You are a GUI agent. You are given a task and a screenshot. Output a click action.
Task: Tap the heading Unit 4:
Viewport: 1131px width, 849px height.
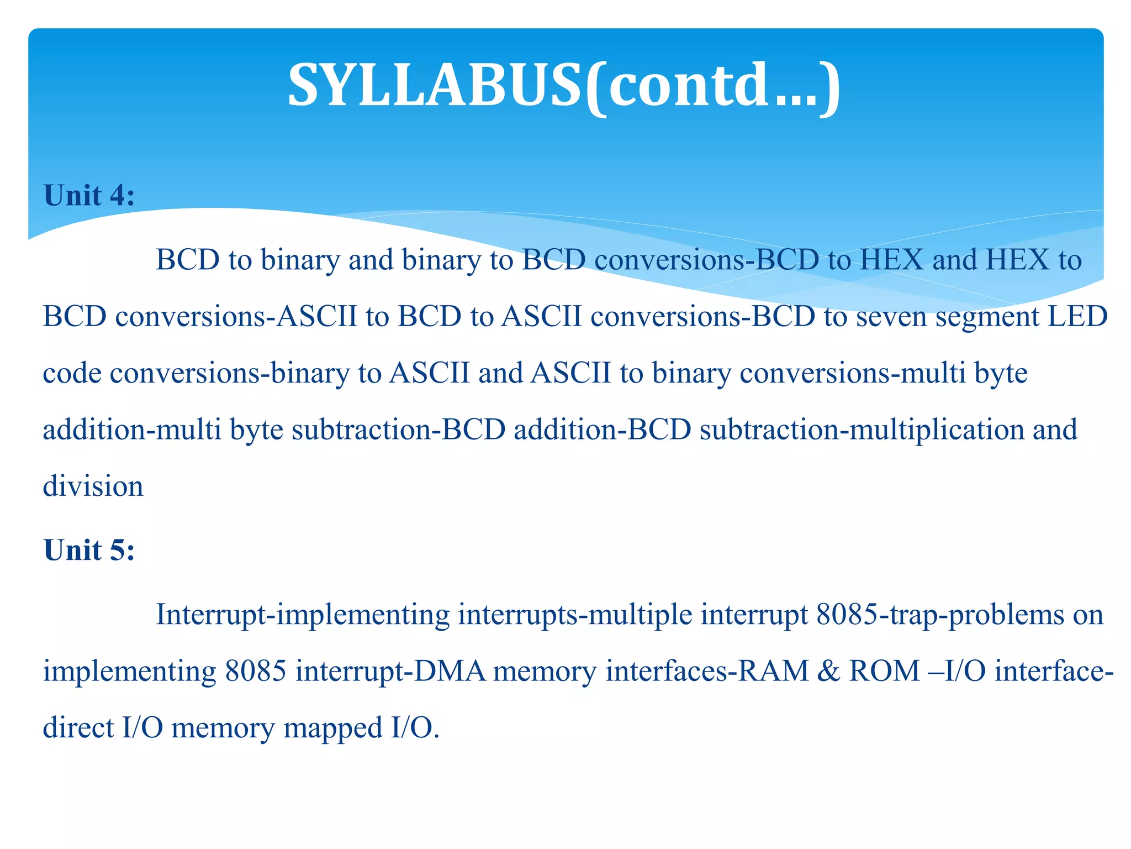tap(89, 196)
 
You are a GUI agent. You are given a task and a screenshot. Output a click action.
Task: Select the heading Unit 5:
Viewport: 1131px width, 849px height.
tap(89, 551)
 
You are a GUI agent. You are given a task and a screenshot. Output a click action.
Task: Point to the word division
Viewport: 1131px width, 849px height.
tap(93, 486)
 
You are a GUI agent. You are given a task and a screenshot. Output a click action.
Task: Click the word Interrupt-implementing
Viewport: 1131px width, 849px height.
tap(303, 615)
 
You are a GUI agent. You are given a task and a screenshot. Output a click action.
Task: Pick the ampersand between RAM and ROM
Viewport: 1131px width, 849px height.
tap(828, 672)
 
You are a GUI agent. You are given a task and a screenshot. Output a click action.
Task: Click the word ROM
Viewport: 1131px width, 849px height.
tap(884, 672)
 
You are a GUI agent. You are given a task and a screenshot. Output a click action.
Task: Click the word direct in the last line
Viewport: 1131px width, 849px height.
tap(78, 727)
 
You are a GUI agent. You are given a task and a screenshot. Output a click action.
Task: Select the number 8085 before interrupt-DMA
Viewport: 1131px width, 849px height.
tap(256, 672)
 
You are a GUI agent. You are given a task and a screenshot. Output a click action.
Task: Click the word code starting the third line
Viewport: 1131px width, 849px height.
tap(72, 374)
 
